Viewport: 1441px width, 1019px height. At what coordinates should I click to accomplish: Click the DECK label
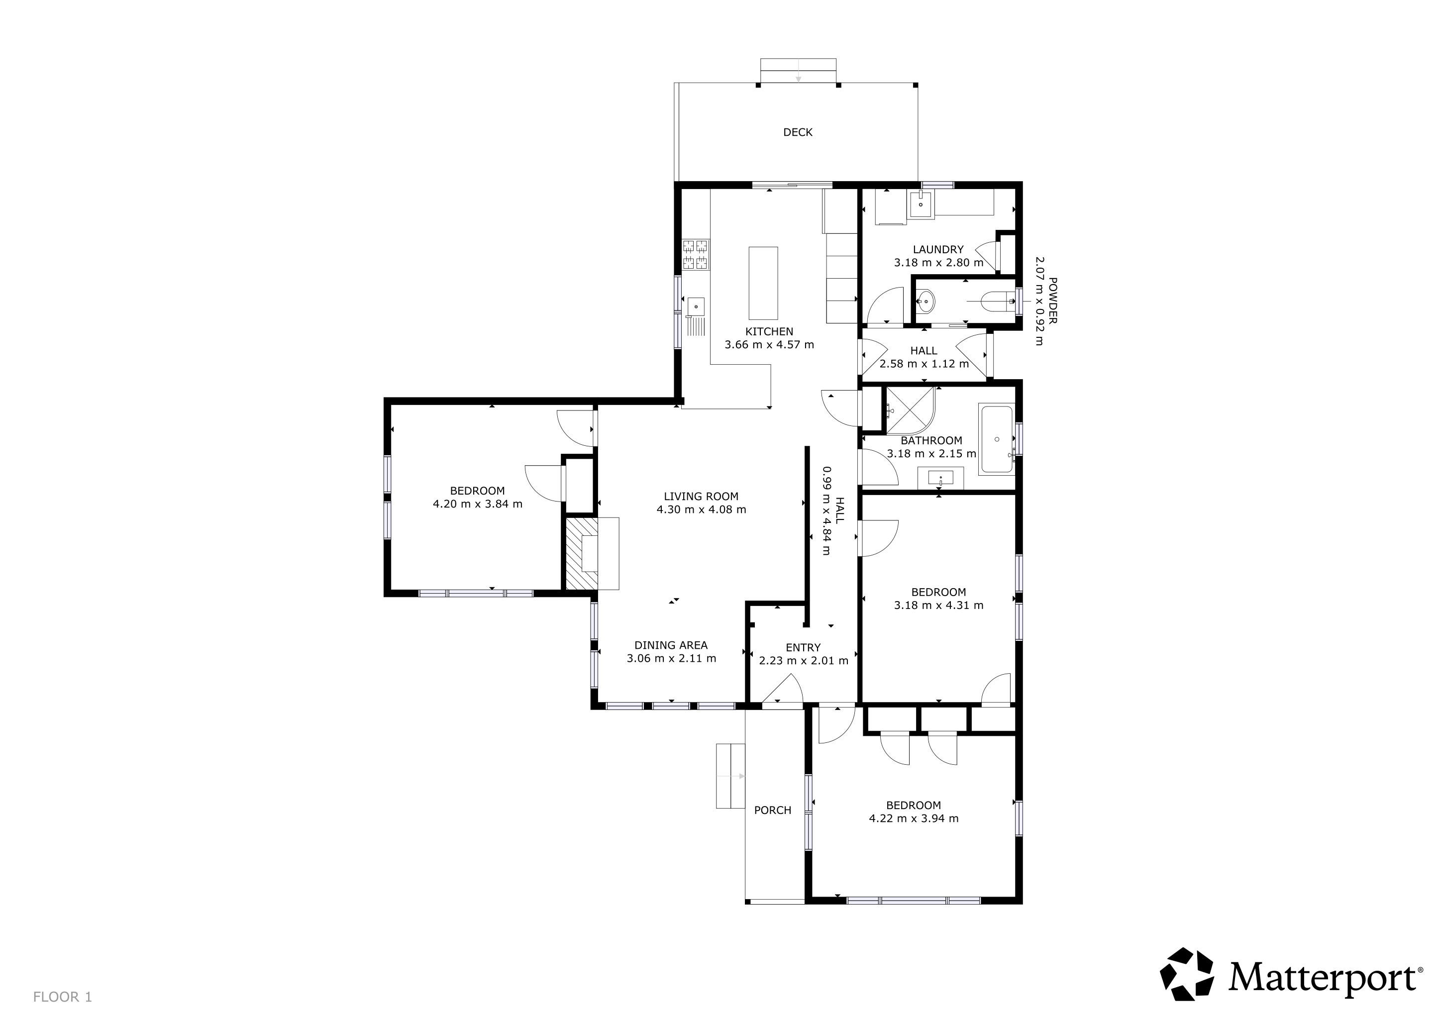click(x=798, y=132)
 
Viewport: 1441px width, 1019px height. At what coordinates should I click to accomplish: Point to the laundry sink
click(x=921, y=205)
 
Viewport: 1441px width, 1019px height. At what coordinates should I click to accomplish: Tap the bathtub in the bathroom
click(x=997, y=440)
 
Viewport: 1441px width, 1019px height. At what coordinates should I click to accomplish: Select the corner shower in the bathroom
click(x=910, y=411)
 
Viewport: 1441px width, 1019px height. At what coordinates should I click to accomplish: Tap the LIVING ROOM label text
click(x=701, y=497)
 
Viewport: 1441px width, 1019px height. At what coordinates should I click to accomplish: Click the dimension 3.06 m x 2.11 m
click(x=671, y=658)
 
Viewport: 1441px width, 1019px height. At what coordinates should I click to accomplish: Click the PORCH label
click(x=773, y=810)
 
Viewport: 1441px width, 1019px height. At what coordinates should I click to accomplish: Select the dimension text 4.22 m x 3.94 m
click(x=913, y=818)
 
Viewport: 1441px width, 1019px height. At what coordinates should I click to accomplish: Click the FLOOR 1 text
click(x=63, y=997)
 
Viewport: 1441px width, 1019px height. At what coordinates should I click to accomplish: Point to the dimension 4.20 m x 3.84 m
click(x=477, y=504)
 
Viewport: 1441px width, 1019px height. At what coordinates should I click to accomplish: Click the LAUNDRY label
click(x=938, y=250)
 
